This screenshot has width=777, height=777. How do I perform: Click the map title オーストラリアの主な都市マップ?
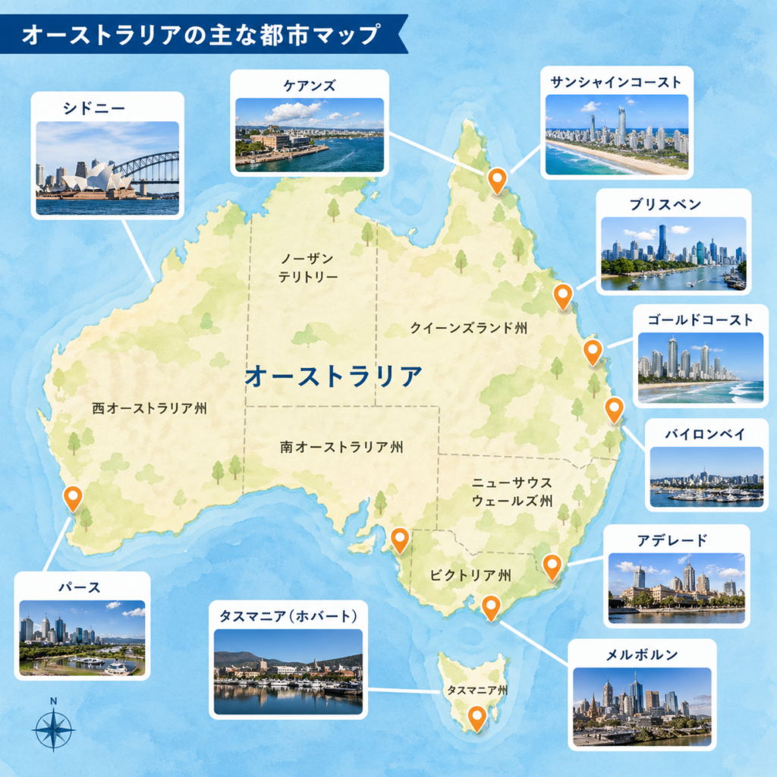(200, 35)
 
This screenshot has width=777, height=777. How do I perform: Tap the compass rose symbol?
(53, 729)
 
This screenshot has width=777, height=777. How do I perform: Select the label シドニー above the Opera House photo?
(94, 109)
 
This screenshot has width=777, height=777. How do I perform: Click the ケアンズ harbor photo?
(310, 134)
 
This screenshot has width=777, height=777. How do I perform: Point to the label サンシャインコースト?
(616, 83)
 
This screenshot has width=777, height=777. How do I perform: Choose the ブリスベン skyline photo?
(673, 253)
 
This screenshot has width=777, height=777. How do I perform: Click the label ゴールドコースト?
(700, 319)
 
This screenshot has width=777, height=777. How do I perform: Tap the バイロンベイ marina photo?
(706, 477)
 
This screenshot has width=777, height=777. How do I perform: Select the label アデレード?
(672, 540)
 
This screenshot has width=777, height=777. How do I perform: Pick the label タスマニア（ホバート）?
(288, 615)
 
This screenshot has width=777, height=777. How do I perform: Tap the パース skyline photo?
(82, 637)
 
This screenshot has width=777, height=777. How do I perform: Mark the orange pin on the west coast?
(73, 497)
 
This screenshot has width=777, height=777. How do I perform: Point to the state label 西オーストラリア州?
(149, 408)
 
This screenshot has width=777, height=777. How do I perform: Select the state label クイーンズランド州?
(468, 328)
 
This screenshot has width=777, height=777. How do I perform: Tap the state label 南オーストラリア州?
(341, 448)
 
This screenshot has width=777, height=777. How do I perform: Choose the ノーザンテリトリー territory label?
(307, 268)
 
